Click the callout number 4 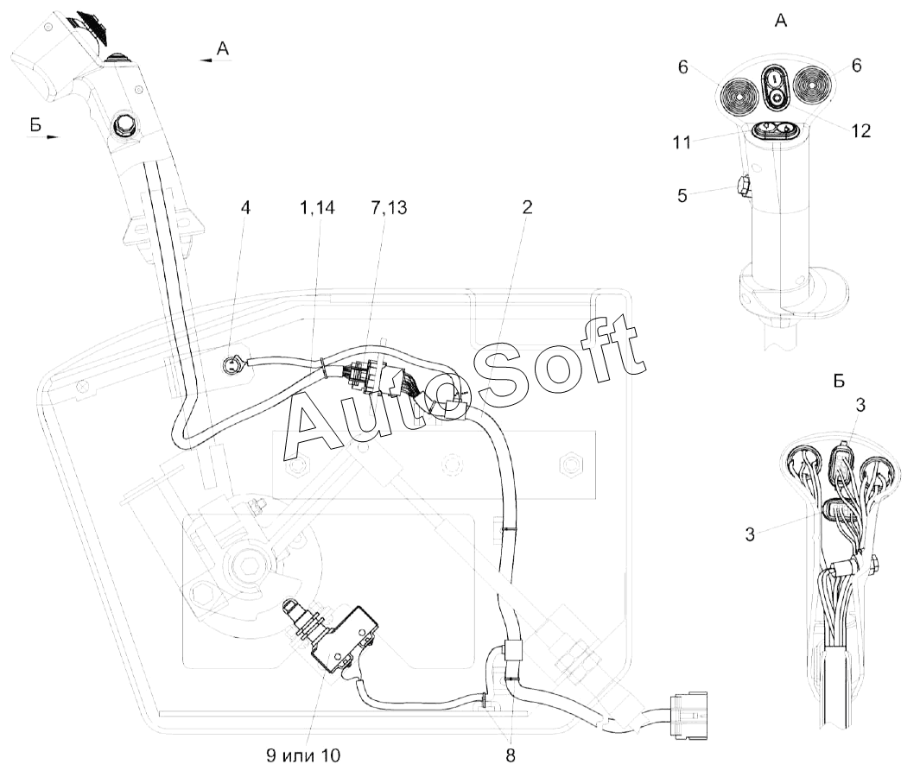[245, 208]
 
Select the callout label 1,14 [317, 208]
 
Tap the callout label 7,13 [389, 208]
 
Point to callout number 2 [527, 207]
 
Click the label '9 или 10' [302, 755]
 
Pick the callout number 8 [511, 756]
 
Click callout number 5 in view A [682, 196]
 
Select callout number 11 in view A [682, 142]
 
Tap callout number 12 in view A [860, 131]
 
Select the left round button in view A [739, 93]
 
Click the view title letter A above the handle [781, 21]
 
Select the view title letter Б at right [839, 381]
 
